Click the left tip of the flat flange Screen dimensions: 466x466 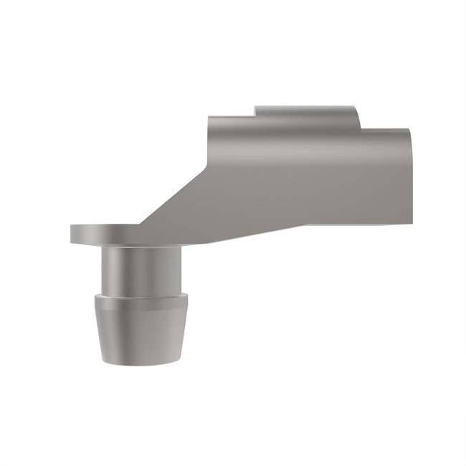coord(72,234)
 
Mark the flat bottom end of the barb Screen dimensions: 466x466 coord(138,360)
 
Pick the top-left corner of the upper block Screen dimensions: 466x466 coord(210,118)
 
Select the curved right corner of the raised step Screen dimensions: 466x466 coord(354,110)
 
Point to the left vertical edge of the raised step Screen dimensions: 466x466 coord(255,111)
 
